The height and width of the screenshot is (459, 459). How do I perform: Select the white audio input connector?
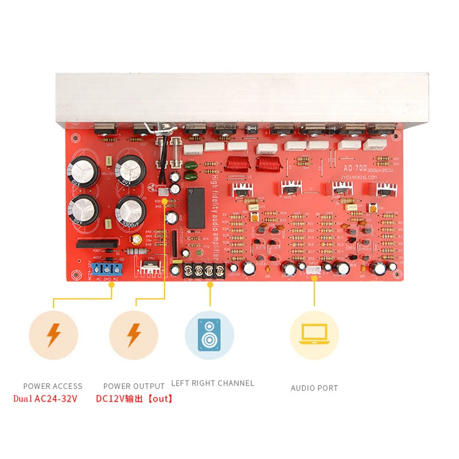[313, 270]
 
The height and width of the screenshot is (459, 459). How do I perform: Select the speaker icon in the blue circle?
[209, 335]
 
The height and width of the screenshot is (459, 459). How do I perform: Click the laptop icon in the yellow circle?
[314, 335]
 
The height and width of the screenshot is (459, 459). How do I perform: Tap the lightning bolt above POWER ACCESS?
[53, 335]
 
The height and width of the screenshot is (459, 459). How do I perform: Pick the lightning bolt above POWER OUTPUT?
[134, 335]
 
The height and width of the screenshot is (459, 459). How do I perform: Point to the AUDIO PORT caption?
[314, 388]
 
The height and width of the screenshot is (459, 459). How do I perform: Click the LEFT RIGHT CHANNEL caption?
[212, 383]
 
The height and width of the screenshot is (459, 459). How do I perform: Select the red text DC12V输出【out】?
[134, 398]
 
